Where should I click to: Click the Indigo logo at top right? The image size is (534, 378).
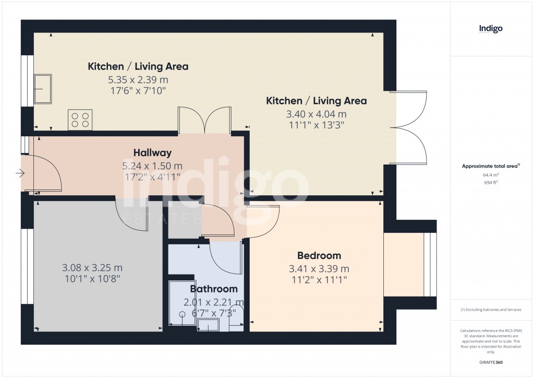tap(491, 29)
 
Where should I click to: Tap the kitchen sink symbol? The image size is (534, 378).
tap(43, 89)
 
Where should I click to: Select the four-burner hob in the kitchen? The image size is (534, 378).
tap(80, 120)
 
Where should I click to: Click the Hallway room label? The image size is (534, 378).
tap(152, 153)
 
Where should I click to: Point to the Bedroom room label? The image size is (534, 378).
tap(319, 255)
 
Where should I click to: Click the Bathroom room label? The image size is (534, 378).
tap(213, 289)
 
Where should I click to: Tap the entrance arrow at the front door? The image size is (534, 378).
tap(20, 173)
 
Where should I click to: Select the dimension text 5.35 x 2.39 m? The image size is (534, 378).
tap(138, 80)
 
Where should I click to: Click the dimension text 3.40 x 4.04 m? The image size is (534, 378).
tap(316, 114)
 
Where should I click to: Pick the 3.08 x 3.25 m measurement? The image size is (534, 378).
tap(92, 268)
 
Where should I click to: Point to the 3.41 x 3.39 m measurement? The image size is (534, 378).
tap(319, 269)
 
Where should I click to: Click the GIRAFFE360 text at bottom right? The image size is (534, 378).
tap(491, 362)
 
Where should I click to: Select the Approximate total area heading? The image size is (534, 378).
tap(490, 167)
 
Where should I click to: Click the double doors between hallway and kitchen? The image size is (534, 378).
tap(204, 120)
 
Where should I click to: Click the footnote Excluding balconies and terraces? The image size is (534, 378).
tap(491, 310)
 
